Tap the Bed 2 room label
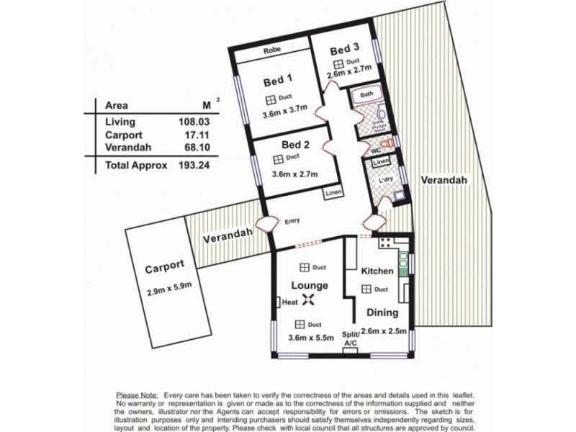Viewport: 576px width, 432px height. click(x=295, y=144)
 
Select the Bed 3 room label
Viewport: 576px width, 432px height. click(x=344, y=50)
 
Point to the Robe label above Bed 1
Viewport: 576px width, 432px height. click(x=271, y=51)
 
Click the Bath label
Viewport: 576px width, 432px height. click(x=366, y=95)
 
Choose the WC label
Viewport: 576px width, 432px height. click(x=375, y=151)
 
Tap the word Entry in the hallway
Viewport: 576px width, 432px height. click(x=292, y=222)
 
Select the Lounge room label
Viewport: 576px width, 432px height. click(x=310, y=285)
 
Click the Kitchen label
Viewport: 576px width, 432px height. click(x=377, y=271)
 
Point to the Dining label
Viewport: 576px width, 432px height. click(x=382, y=313)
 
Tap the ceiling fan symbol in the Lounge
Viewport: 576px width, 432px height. click(x=310, y=302)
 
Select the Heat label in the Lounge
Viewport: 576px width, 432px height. click(x=290, y=303)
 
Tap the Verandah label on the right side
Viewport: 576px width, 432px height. click(x=444, y=179)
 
